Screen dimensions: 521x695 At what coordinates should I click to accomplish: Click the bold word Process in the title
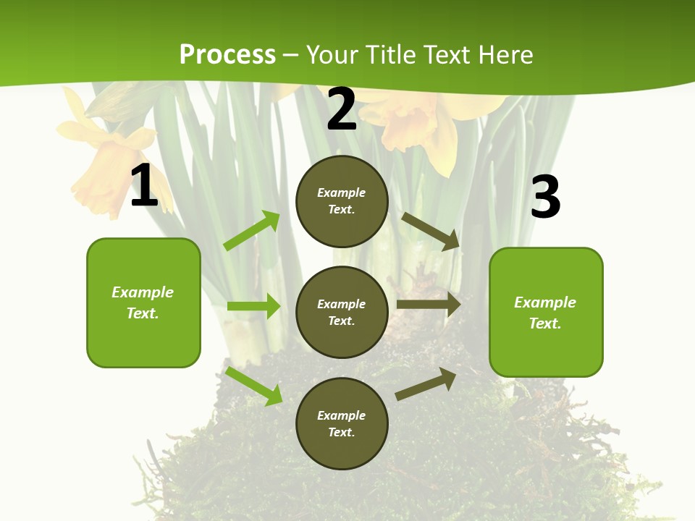227,55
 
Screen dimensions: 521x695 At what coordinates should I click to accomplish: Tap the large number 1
144,187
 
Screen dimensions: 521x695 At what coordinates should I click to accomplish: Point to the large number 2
342,109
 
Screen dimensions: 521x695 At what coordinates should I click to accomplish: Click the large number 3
545,197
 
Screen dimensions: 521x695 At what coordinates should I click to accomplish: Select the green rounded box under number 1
143,302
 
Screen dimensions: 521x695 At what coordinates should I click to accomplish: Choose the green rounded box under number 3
546,313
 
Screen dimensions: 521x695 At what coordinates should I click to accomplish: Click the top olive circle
342,201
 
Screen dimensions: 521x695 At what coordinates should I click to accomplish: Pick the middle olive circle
342,313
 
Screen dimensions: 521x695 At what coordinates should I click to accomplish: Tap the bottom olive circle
342,423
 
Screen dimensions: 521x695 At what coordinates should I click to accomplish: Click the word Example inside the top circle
342,193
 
